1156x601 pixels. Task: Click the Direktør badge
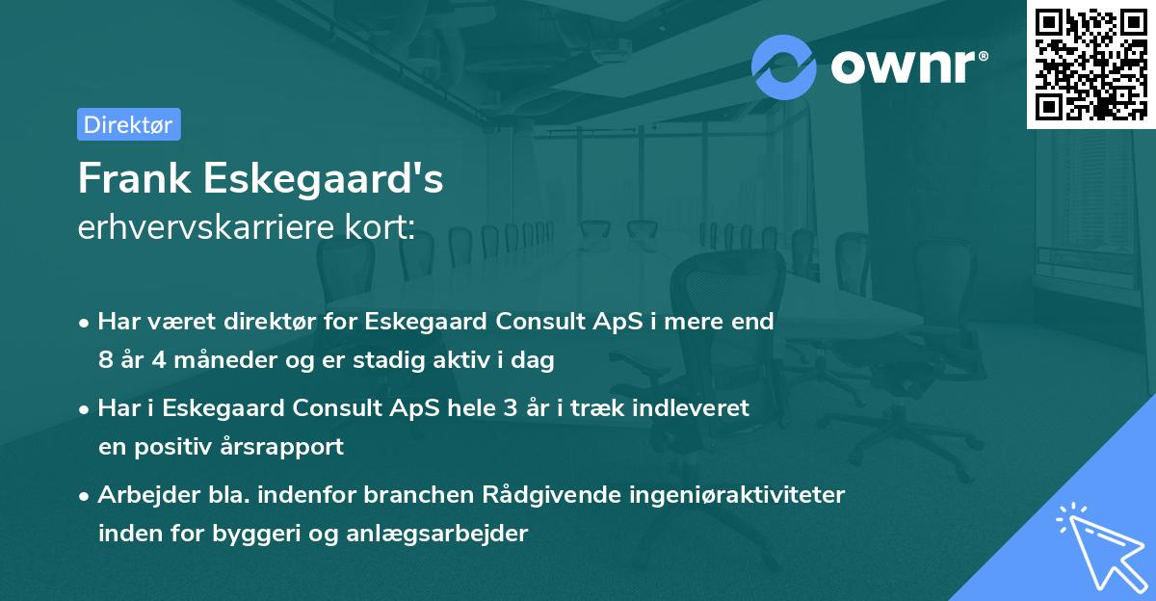click(128, 124)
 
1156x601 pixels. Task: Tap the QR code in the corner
click(1090, 64)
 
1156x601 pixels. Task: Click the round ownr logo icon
click(784, 65)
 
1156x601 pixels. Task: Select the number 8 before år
click(105, 361)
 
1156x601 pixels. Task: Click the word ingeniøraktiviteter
click(740, 495)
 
